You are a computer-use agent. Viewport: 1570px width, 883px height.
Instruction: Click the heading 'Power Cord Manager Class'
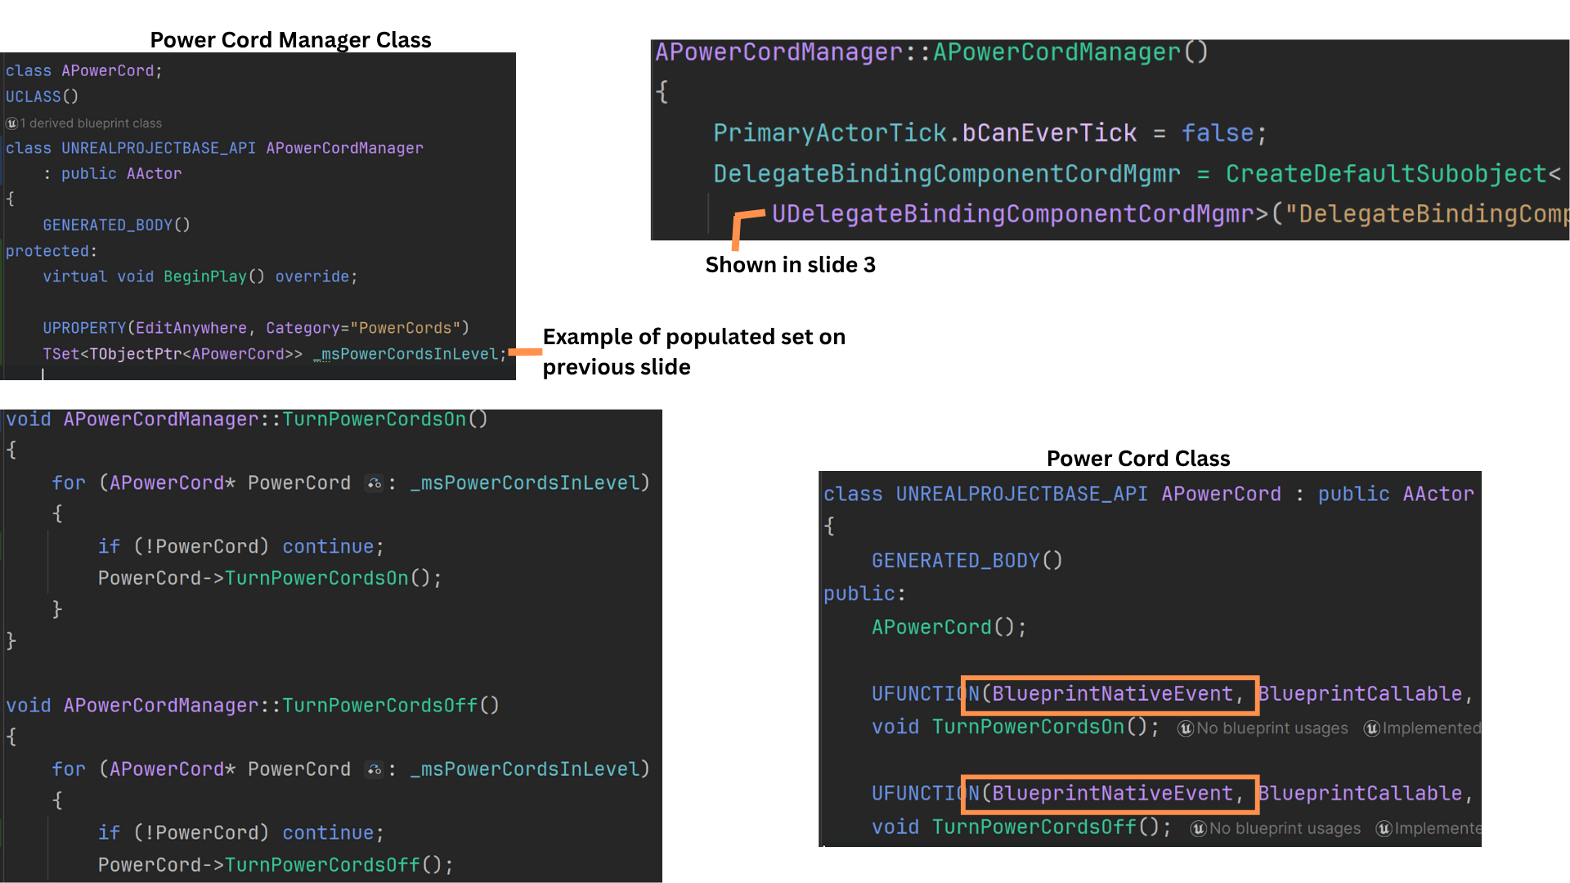click(x=290, y=40)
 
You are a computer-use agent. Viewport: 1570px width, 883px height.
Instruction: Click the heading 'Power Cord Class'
click(x=1137, y=459)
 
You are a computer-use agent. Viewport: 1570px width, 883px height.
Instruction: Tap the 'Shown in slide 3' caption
click(x=790, y=265)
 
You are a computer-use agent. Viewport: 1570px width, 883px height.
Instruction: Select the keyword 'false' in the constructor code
click(x=1217, y=133)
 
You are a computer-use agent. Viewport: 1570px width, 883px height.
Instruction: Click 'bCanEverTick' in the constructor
click(x=1049, y=133)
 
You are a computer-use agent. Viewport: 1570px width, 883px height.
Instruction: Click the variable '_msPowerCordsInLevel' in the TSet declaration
click(x=409, y=354)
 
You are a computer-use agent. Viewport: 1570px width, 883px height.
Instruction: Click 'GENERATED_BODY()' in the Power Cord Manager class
click(x=116, y=225)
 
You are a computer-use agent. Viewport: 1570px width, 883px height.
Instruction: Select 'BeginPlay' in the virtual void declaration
click(x=205, y=277)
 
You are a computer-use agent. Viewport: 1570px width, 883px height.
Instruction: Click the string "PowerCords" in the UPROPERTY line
click(x=405, y=328)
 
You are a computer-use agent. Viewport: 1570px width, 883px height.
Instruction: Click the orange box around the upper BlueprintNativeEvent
click(x=1110, y=695)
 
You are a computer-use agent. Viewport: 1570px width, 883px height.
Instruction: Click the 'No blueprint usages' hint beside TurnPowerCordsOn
click(x=1272, y=728)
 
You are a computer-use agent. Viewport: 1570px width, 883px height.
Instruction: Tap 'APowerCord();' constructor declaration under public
click(x=949, y=628)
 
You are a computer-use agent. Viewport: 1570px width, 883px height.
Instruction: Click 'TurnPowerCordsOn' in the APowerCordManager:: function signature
click(x=374, y=420)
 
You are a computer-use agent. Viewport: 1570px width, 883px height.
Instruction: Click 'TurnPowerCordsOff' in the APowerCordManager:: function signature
click(x=379, y=706)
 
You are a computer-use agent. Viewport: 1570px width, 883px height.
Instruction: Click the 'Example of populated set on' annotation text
click(x=693, y=337)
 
